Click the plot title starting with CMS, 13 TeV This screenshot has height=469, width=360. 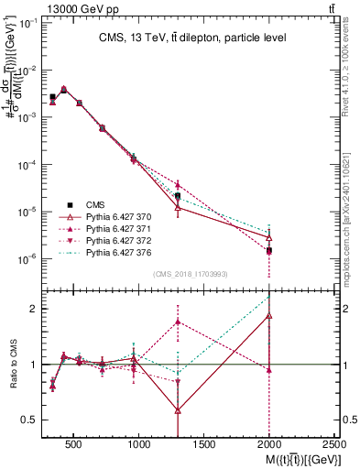[x=191, y=38]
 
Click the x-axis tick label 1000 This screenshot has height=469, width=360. [x=139, y=444]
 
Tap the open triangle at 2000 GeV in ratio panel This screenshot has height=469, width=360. [x=269, y=315]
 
